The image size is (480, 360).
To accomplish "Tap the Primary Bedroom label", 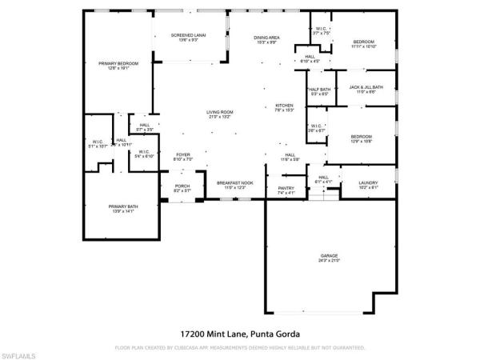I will click(118, 65).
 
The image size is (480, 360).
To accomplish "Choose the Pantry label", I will click(286, 190).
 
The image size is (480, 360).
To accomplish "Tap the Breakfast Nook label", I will click(235, 185).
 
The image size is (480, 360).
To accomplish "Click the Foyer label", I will click(183, 157).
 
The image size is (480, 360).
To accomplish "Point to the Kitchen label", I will click(285, 107).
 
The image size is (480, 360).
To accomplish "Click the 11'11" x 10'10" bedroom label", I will click(364, 44).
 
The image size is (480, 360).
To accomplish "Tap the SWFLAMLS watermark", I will click(19, 353).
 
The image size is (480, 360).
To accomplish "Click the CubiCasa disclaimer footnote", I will click(240, 347).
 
